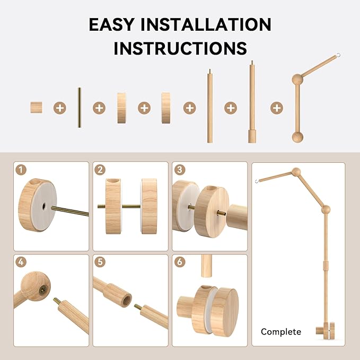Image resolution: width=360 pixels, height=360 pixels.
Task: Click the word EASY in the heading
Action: (x=111, y=24)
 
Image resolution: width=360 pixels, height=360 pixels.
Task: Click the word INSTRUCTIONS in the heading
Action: (x=180, y=48)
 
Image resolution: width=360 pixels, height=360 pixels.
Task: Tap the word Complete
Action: (x=281, y=332)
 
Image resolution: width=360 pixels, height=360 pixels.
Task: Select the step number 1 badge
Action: (x=21, y=170)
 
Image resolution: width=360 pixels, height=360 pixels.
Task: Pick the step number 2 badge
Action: (x=100, y=170)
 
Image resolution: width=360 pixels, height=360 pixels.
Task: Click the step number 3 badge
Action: (x=180, y=170)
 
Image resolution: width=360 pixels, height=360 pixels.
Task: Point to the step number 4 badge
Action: (x=21, y=262)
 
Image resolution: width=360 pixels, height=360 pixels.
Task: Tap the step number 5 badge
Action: (x=100, y=262)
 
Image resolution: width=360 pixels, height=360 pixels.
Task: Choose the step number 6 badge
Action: (x=180, y=262)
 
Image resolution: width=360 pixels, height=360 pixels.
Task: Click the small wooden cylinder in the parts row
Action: (x=36, y=108)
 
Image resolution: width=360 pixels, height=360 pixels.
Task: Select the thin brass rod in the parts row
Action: (x=79, y=108)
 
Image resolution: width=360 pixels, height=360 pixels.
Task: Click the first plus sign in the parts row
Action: (x=60, y=108)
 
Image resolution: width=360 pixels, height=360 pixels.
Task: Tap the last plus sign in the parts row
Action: (x=277, y=108)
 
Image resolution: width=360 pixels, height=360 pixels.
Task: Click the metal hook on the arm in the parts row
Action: (x=338, y=55)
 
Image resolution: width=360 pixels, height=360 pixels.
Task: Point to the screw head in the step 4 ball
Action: (x=43, y=291)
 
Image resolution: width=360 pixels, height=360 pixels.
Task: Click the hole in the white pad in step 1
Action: (x=44, y=206)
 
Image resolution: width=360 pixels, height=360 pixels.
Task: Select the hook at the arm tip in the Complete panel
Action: (x=257, y=181)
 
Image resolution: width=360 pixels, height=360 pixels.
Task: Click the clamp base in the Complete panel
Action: (x=326, y=331)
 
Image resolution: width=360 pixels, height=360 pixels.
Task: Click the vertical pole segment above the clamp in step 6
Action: (x=206, y=266)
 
